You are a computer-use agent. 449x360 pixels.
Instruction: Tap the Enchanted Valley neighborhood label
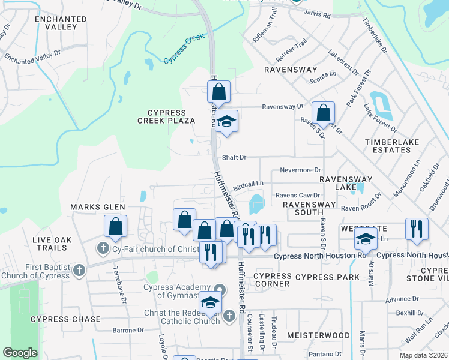(x=56, y=23)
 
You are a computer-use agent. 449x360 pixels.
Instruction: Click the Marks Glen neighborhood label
(x=97, y=207)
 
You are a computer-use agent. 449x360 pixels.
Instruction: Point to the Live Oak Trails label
(x=52, y=244)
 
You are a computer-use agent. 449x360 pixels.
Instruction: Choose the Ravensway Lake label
(x=345, y=183)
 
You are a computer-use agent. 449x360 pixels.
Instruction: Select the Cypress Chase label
(x=65, y=319)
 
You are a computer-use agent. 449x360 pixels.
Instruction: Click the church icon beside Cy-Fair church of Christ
(x=103, y=248)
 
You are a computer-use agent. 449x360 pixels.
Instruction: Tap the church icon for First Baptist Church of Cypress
(x=79, y=271)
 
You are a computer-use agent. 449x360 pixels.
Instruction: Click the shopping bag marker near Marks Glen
(x=115, y=227)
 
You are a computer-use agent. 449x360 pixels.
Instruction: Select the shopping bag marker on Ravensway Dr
(x=323, y=112)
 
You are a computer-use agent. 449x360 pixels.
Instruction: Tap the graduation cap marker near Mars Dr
(x=366, y=239)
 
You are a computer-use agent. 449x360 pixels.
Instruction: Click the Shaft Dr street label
(x=234, y=157)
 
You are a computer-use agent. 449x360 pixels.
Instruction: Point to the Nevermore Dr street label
(x=301, y=170)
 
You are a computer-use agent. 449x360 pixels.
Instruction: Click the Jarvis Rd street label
(x=317, y=14)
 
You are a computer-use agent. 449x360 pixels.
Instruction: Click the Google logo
(x=20, y=353)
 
